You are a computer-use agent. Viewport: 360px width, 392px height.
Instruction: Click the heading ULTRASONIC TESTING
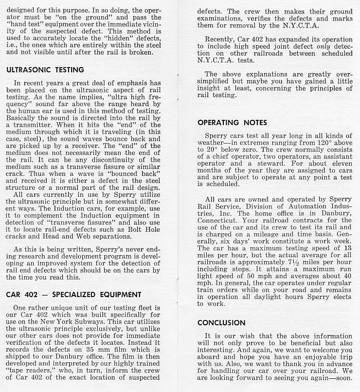45,70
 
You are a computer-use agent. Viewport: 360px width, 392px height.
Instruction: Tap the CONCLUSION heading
221,323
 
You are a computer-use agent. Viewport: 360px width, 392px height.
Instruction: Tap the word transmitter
34,125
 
